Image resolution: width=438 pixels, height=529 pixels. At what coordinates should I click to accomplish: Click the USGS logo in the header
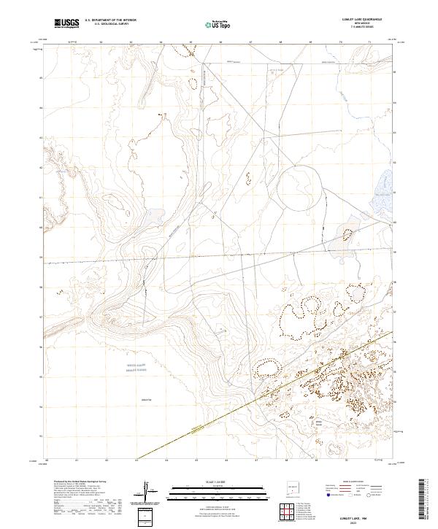click(66, 23)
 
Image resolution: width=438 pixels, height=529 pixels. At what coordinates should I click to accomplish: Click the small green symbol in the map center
click(215, 213)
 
